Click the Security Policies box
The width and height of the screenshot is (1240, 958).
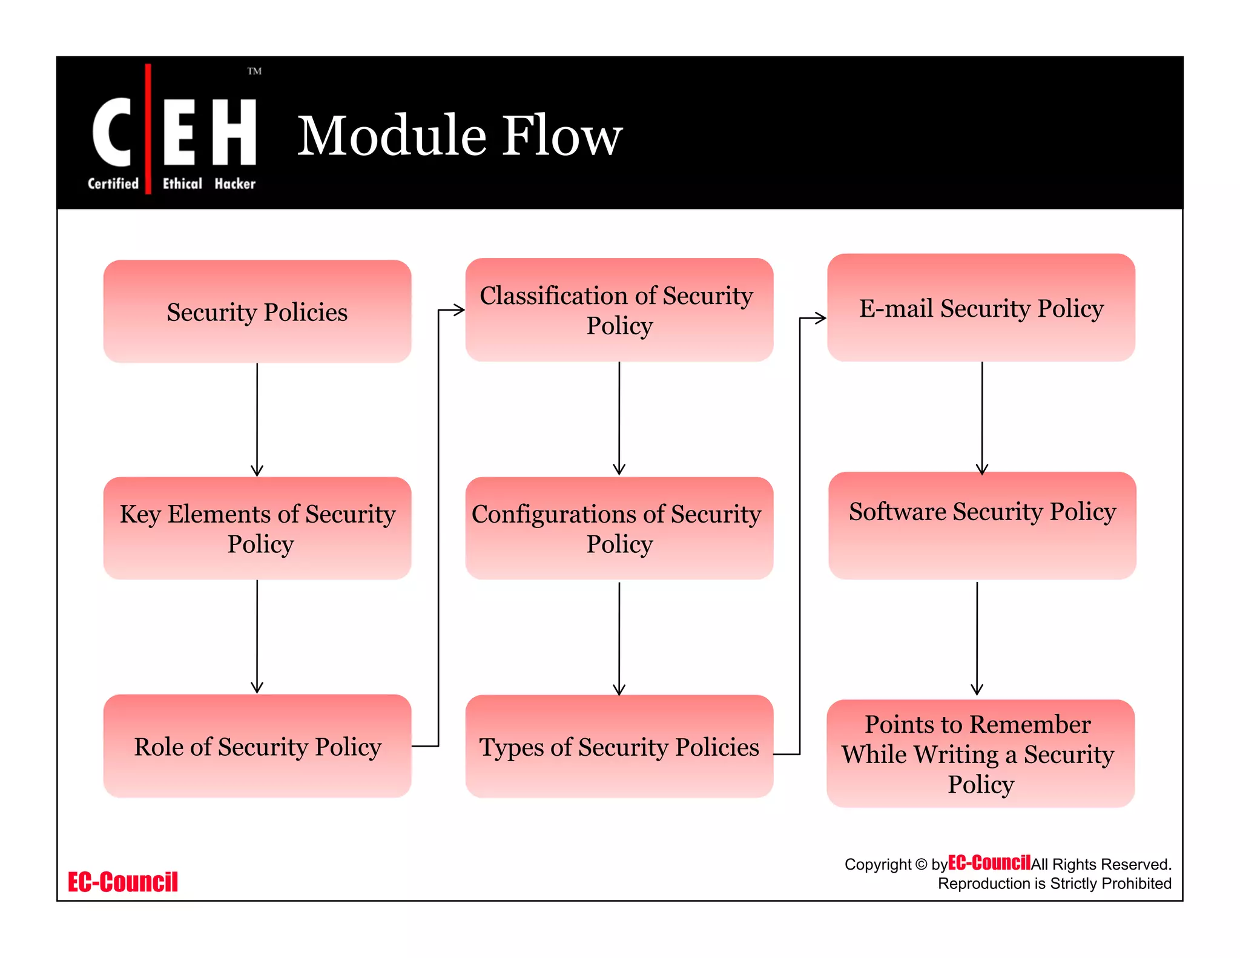pos(257,312)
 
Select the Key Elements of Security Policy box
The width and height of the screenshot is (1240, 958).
pos(257,528)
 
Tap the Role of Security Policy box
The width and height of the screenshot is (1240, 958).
pos(257,746)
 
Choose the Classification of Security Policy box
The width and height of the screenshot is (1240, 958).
pos(619,310)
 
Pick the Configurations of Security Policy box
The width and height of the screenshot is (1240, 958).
pos(619,528)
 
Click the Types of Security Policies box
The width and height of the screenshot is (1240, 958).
pos(619,747)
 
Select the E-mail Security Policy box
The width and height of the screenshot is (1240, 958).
pos(981,308)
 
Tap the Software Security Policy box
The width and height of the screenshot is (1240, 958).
pos(982,526)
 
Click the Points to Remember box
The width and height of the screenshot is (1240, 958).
pos(980,753)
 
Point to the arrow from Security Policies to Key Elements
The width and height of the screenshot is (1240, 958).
pos(257,418)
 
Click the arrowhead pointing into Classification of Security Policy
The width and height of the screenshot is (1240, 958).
pos(460,310)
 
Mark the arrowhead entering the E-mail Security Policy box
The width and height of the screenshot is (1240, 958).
pos(820,318)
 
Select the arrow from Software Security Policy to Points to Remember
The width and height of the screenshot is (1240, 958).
pos(977,636)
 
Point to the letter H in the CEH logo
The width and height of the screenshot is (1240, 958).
pos(234,132)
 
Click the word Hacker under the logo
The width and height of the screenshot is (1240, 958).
pos(235,183)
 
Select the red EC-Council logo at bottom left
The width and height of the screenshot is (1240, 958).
pos(123,882)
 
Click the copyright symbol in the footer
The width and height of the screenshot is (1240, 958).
pos(921,864)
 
